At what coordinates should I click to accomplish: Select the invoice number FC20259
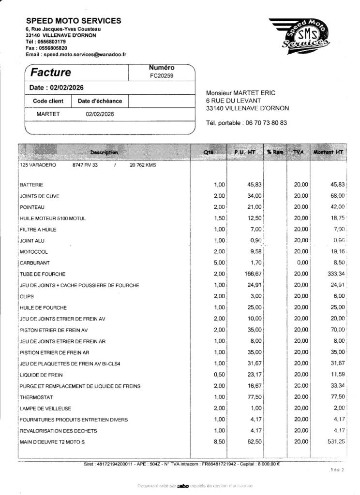[162, 76]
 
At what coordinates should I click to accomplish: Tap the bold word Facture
[51, 73]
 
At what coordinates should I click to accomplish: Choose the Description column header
[104, 152]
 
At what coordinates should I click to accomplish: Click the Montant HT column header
[329, 152]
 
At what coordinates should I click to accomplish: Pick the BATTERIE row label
[31, 185]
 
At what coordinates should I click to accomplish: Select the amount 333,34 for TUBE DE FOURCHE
[335, 274]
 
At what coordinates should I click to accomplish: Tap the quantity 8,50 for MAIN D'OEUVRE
[219, 442]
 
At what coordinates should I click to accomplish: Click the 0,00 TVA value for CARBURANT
[300, 263]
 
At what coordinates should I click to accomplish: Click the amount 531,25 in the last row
[336, 442]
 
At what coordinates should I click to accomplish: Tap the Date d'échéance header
[100, 101]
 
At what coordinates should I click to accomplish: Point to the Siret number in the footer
[116, 465]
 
